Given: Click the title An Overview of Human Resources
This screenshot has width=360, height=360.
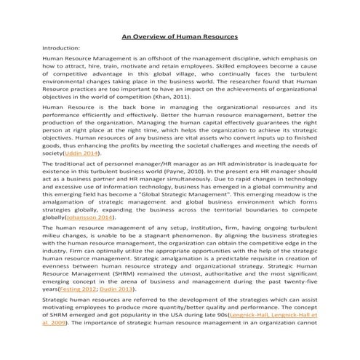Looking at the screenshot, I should pyautogui.click(x=179, y=36).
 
